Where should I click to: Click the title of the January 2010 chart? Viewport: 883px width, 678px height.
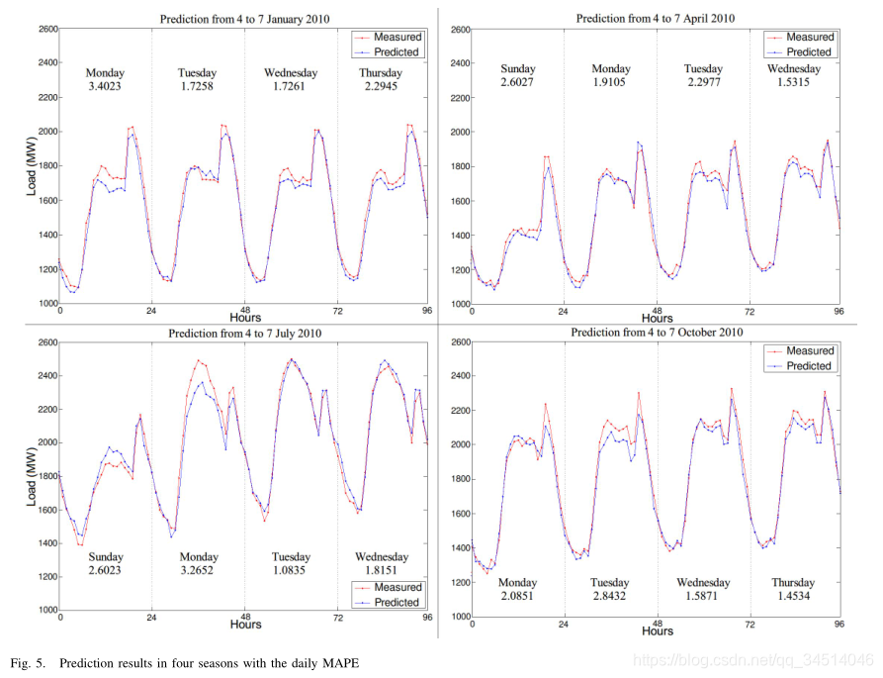244,19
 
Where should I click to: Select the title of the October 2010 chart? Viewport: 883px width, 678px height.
657,333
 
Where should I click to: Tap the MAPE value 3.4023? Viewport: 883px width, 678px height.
105,86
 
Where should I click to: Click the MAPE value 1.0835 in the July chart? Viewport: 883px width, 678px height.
289,570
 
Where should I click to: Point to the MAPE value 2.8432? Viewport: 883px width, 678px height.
609,596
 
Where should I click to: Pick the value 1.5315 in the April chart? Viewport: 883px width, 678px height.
793,82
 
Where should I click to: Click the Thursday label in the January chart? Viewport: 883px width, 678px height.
381,72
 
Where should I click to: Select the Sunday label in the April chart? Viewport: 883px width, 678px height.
517,68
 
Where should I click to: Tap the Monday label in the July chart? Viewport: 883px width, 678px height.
199,557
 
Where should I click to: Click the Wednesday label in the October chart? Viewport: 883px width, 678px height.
703,582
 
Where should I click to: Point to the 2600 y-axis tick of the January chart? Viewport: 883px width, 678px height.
48,29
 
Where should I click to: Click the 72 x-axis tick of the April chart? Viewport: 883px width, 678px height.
750,311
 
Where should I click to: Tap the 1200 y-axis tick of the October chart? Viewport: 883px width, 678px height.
461,582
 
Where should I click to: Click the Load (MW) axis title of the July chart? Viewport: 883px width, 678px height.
32,477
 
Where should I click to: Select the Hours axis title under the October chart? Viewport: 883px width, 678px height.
658,631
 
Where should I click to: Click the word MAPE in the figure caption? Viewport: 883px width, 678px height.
340,663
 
